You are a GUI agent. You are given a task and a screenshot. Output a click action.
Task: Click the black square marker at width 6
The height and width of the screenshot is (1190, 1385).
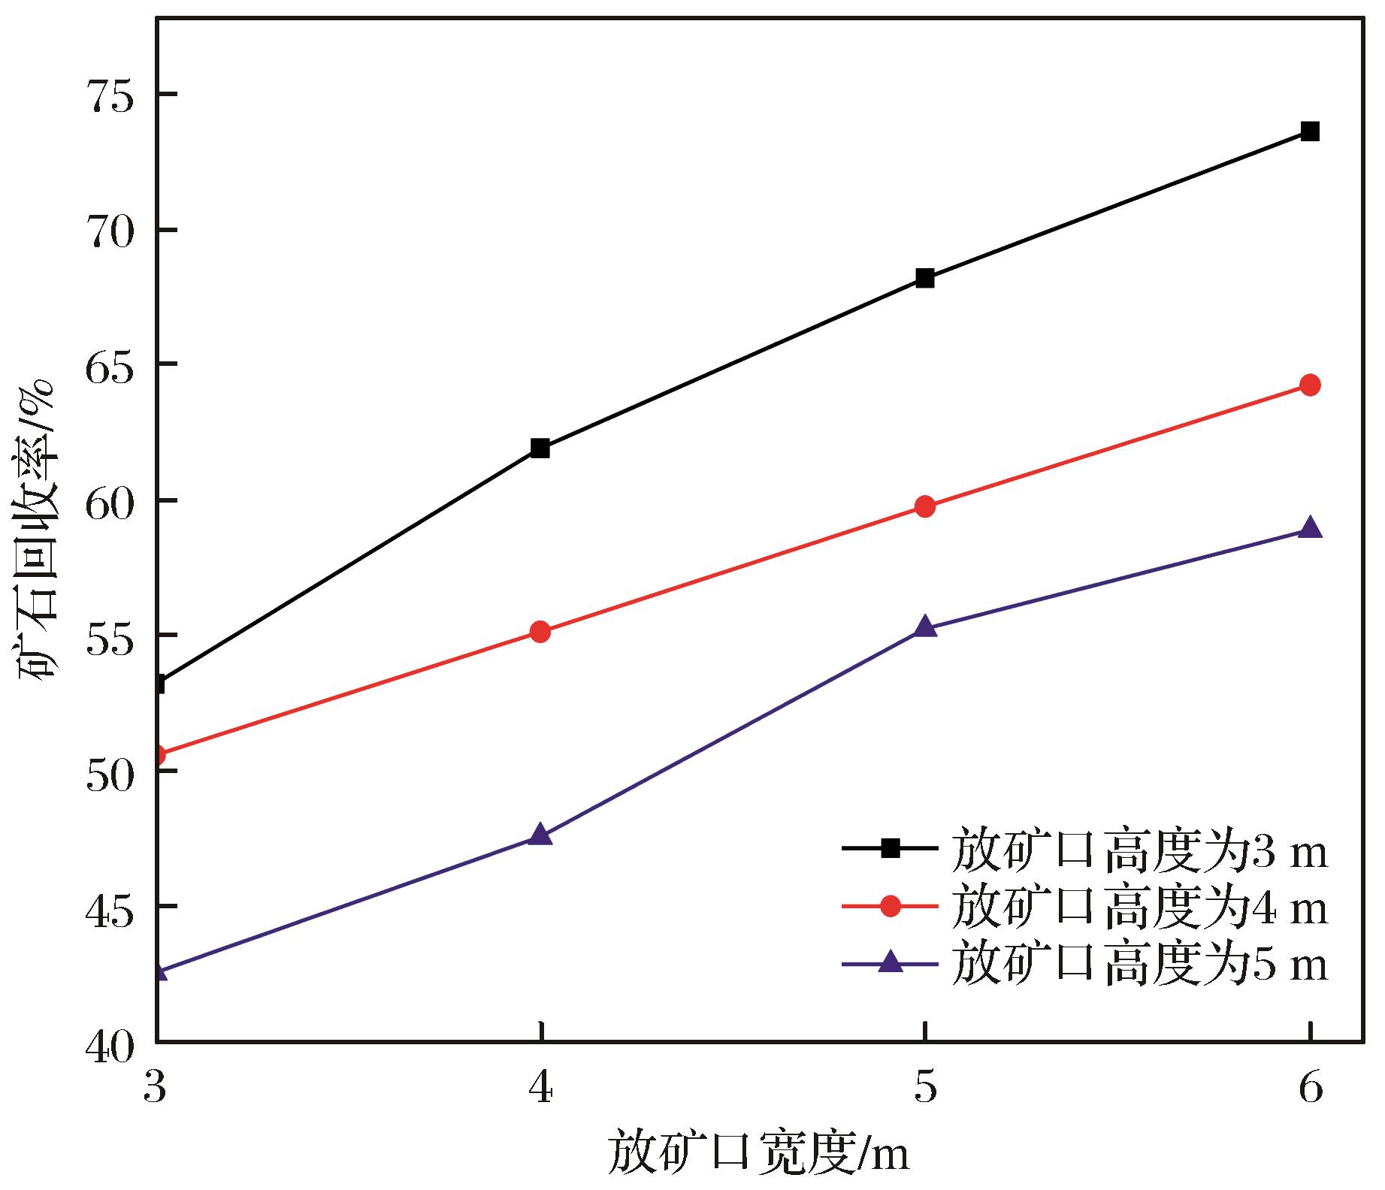[x=1310, y=131]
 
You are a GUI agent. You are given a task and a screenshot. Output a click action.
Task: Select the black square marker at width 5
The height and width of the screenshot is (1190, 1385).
[x=925, y=278]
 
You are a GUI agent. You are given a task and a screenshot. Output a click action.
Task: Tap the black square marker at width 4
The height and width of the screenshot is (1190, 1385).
[x=540, y=449]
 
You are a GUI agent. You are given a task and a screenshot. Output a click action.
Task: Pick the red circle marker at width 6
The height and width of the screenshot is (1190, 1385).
[x=1310, y=385]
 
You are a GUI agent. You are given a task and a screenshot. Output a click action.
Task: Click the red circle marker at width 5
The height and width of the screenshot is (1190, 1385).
[x=925, y=506]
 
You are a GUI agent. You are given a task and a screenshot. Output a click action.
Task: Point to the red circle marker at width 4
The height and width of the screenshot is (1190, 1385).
[x=540, y=632]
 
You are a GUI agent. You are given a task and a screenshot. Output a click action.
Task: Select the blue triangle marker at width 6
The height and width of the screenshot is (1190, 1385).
[x=1310, y=527]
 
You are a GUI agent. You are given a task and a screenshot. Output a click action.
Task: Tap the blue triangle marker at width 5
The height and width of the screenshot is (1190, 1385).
[x=925, y=627]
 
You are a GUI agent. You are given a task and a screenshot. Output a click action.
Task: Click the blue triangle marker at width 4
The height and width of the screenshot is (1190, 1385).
[x=540, y=835]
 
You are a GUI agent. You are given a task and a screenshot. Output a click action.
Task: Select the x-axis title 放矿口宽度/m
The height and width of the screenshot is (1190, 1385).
[x=759, y=1153]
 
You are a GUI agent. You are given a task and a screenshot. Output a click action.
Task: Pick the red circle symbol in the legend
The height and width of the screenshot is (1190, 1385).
[x=890, y=907]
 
